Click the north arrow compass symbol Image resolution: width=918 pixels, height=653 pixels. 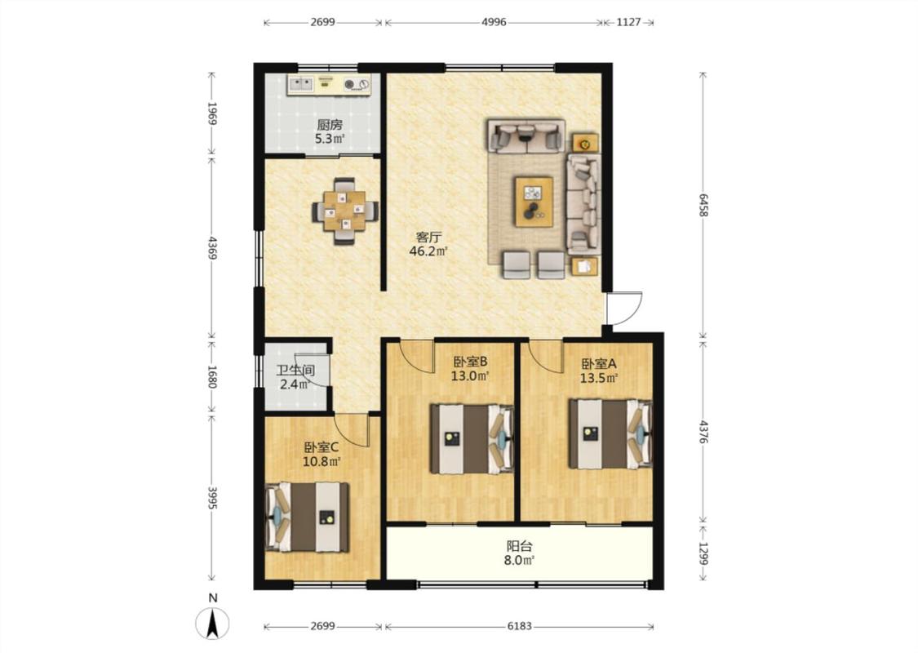(213, 623)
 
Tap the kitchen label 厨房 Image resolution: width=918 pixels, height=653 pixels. (330, 125)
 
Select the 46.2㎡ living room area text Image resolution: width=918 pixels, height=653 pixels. (428, 251)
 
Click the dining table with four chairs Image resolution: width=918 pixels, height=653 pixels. (345, 211)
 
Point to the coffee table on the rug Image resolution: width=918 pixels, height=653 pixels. (534, 202)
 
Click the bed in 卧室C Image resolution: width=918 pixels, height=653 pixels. (308, 518)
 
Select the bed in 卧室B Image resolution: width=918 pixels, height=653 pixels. (472, 438)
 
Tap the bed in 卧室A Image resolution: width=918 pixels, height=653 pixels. (610, 434)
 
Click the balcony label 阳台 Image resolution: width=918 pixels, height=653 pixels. (519, 546)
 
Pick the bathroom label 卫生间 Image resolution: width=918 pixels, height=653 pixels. (295, 371)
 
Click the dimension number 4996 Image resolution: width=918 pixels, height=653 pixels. (494, 22)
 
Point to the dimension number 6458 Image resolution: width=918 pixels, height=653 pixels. (703, 205)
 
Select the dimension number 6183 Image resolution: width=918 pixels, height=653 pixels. (519, 626)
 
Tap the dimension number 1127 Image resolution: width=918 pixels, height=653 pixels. (628, 22)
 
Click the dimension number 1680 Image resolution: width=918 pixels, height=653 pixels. (212, 377)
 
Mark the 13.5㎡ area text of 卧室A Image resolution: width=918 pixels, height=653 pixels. (599, 378)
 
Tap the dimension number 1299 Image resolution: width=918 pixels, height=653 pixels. (703, 552)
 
